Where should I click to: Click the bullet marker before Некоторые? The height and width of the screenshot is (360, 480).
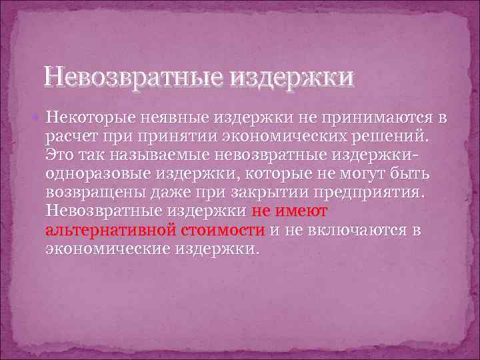pyautogui.click(x=41, y=118)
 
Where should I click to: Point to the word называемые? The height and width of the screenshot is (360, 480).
pyautogui.click(x=169, y=155)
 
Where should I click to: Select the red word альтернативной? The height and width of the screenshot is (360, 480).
pyautogui.click(x=110, y=231)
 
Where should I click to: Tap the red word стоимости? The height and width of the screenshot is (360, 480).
pyautogui.click(x=223, y=231)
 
